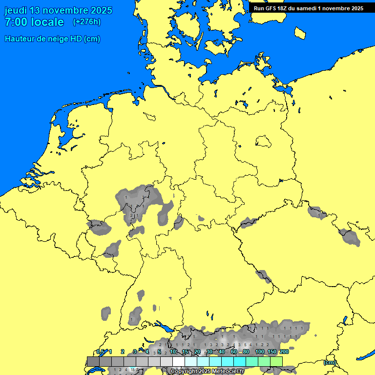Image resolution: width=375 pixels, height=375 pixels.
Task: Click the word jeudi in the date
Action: click(x=16, y=11)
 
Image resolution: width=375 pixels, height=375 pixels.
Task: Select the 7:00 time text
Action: click(x=15, y=22)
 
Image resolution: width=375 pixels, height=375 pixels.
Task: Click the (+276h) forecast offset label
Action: click(x=86, y=22)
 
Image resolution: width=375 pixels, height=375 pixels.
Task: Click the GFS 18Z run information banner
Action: click(x=308, y=8)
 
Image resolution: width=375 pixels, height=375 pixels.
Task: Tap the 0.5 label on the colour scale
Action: click(x=100, y=352)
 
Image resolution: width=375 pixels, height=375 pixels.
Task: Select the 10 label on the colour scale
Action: click(x=172, y=352)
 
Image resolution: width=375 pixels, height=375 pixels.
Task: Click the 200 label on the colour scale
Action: click(x=284, y=352)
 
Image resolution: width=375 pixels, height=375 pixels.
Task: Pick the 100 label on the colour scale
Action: click(x=259, y=352)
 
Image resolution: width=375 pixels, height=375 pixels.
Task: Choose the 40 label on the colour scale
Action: click(x=221, y=352)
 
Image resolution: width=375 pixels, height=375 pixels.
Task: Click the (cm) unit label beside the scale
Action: click(x=330, y=362)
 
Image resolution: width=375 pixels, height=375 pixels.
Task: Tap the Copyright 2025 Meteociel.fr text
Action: click(x=207, y=372)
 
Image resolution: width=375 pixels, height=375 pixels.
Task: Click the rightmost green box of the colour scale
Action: click(x=276, y=361)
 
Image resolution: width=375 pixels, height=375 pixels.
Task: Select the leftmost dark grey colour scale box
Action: click(x=93, y=361)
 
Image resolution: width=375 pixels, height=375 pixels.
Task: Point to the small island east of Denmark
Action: click(x=300, y=33)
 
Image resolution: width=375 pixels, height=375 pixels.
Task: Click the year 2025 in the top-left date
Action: click(x=101, y=11)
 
